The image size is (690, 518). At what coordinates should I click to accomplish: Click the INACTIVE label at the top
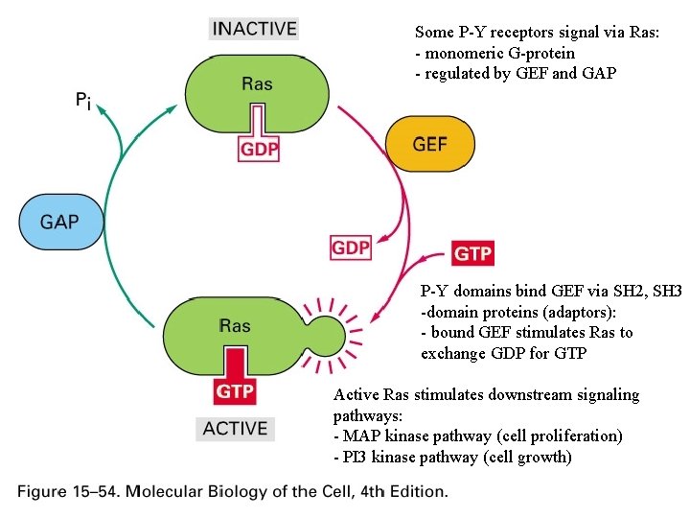tap(256, 28)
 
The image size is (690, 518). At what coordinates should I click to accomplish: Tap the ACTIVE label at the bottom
tap(235, 428)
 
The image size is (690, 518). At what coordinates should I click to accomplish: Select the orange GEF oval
tap(429, 144)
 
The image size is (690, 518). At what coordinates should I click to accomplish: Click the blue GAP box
tap(59, 222)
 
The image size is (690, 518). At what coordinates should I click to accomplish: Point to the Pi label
tap(84, 99)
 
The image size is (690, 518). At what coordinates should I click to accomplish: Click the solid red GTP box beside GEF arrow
tap(472, 252)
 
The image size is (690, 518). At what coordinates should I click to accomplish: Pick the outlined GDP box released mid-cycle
tap(351, 247)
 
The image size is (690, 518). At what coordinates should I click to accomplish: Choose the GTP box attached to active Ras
tap(235, 390)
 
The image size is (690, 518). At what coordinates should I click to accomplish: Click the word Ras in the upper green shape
tap(256, 83)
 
